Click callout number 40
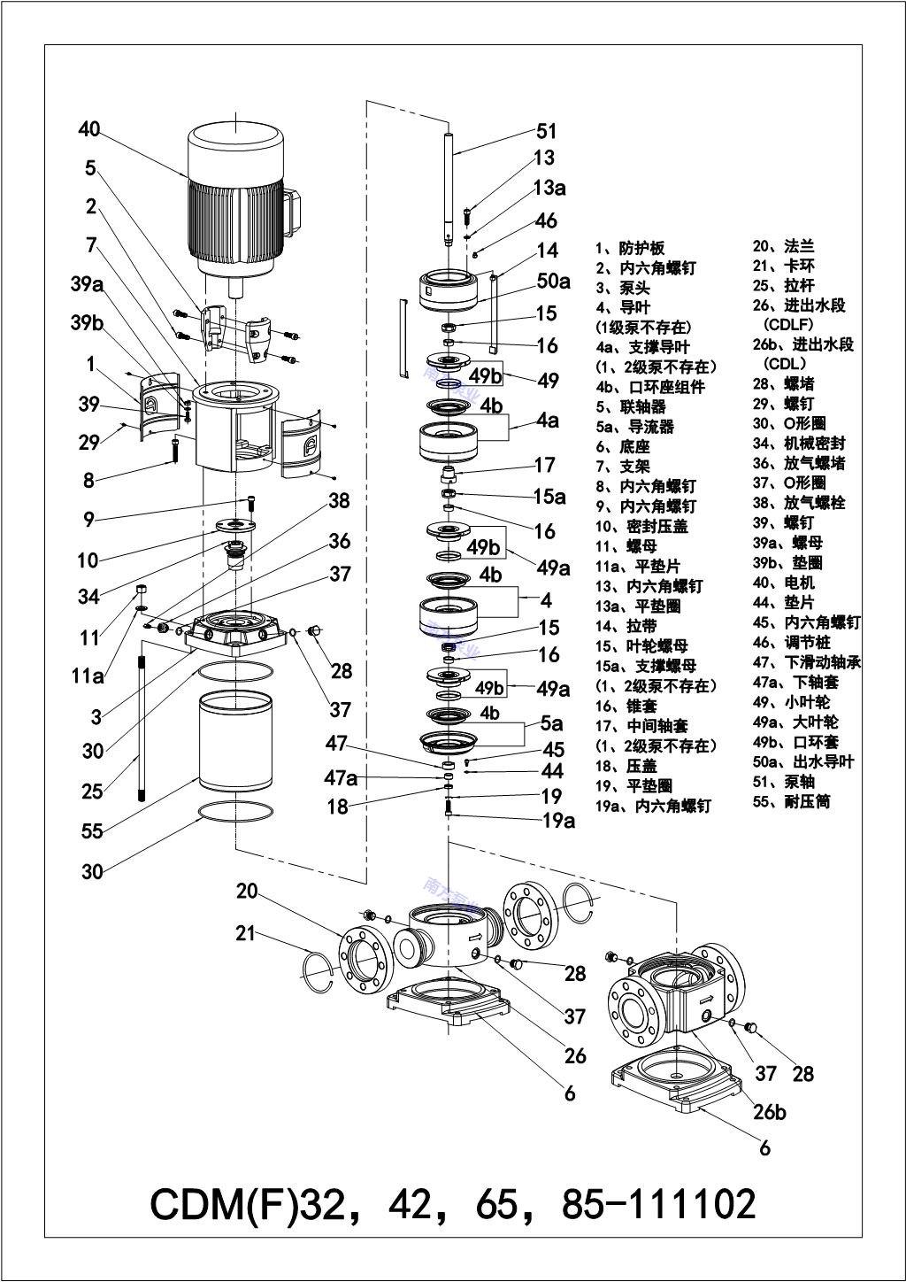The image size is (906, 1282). click(x=89, y=130)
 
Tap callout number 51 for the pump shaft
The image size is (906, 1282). click(x=548, y=131)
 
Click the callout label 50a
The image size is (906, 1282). click(x=553, y=282)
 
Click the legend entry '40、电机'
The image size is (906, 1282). click(x=784, y=583)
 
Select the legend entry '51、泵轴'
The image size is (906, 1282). click(x=784, y=782)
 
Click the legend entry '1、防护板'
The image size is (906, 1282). click(x=630, y=248)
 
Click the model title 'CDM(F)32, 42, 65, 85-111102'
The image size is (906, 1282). click(x=453, y=1205)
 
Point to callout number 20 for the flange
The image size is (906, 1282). click(x=247, y=892)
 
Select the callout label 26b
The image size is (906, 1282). click(x=770, y=1112)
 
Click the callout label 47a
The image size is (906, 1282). click(x=341, y=778)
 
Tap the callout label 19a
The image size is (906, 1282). click(x=558, y=821)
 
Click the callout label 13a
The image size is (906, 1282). click(x=549, y=188)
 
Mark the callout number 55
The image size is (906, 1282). click(x=92, y=830)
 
